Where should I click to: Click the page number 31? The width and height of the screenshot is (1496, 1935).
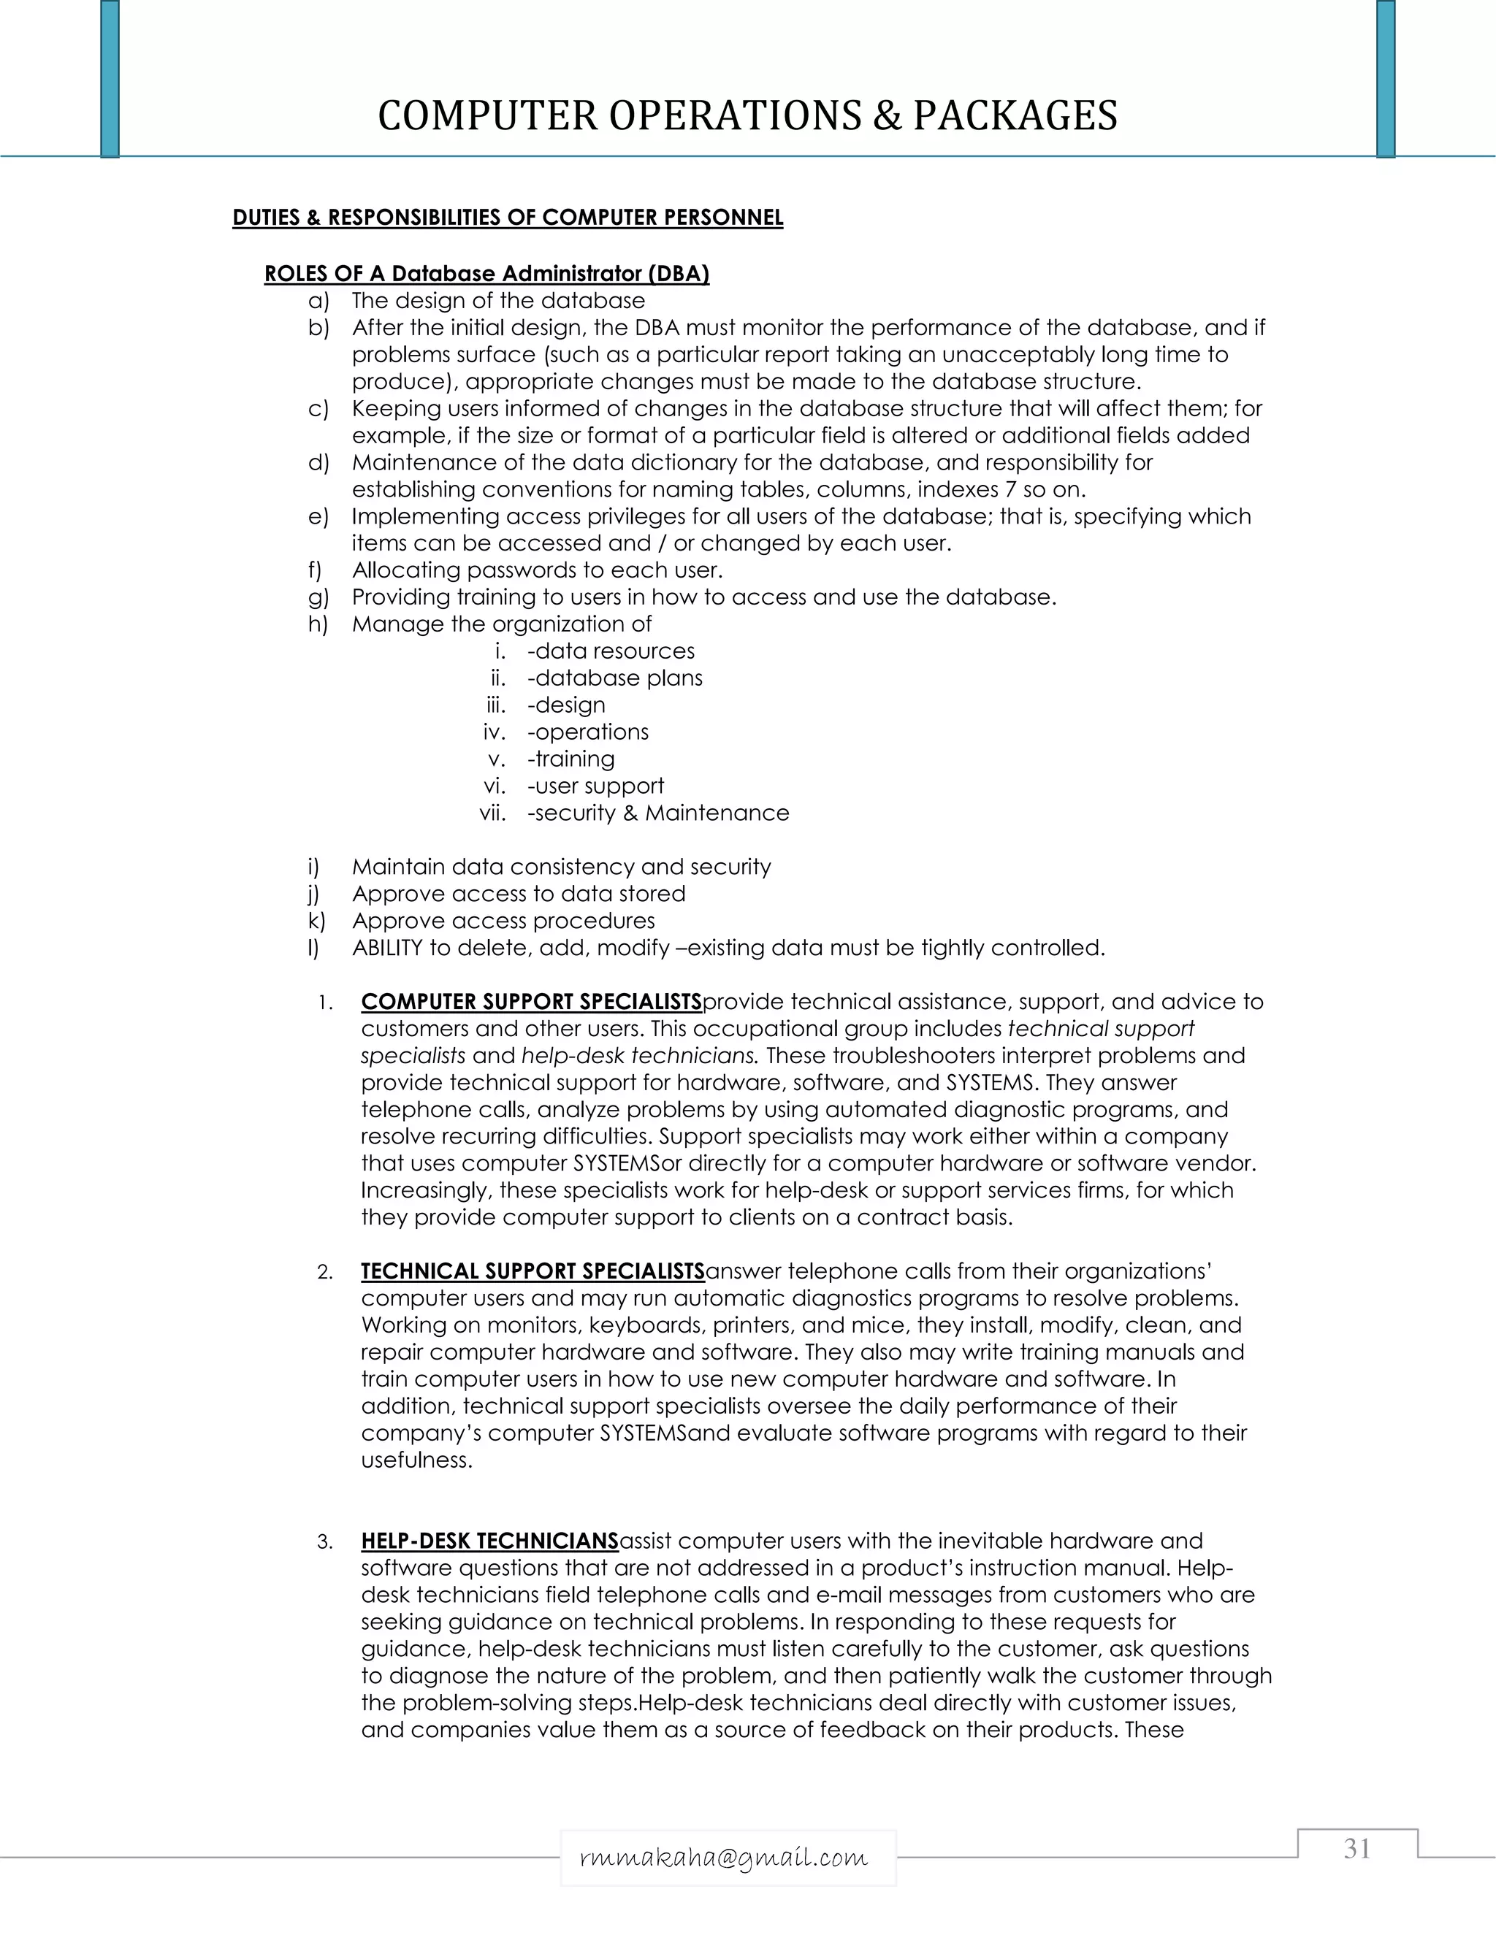[1357, 1848]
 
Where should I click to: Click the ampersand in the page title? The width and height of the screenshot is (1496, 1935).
[886, 116]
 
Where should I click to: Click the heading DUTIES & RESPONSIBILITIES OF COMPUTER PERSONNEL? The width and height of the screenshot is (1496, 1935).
[507, 218]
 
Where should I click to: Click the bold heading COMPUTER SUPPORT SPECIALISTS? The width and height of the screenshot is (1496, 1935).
[531, 1002]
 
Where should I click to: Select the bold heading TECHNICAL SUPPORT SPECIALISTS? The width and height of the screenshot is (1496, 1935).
[533, 1271]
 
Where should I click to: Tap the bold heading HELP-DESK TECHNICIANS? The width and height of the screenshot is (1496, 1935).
[489, 1541]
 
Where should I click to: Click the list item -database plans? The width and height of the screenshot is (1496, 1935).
[614, 678]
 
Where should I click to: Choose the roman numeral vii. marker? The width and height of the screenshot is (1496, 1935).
[492, 813]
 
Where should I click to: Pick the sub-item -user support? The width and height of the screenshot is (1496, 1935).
[595, 786]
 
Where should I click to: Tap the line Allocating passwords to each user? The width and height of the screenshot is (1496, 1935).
[537, 570]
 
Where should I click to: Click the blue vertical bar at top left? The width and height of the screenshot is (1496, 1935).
[110, 78]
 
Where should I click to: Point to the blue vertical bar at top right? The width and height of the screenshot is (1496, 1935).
[1385, 78]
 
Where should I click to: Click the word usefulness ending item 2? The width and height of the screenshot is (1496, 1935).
[416, 1460]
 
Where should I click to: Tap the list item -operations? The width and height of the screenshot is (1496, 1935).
[587, 732]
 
